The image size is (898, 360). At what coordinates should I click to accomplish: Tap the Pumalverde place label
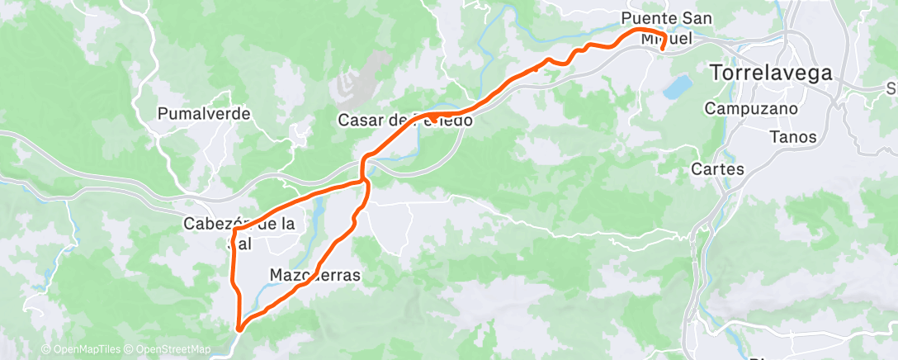(204, 114)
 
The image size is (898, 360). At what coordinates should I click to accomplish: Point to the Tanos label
(792, 137)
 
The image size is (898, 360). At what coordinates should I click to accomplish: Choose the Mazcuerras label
(315, 276)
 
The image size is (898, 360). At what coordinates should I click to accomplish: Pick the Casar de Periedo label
(405, 121)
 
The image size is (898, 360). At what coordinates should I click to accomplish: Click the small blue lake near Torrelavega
(678, 85)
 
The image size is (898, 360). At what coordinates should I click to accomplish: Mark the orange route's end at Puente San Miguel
(663, 49)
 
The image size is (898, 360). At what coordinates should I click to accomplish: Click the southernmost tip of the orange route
(239, 329)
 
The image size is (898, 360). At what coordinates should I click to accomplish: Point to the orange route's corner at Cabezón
(234, 234)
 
